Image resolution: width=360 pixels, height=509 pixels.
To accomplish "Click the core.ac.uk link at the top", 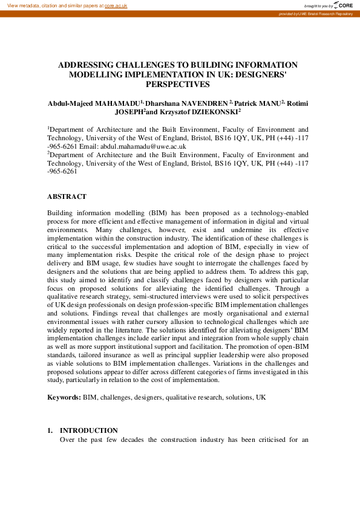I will [116, 5].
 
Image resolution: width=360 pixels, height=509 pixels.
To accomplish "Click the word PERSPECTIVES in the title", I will [180, 85].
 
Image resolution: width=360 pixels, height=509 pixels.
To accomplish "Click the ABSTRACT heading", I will [67, 196].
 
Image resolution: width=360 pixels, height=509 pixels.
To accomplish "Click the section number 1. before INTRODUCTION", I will [51, 430].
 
